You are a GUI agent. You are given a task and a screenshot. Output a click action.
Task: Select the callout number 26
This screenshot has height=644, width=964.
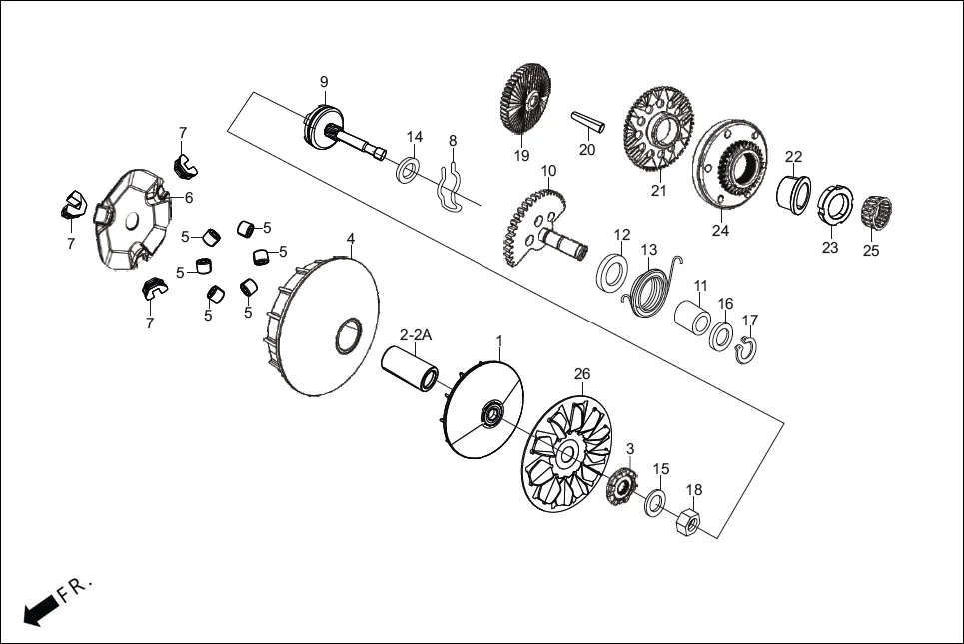582,374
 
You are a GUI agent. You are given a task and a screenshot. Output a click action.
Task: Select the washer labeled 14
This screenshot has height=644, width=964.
408,170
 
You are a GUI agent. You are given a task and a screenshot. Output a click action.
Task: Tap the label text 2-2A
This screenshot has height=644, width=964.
415,335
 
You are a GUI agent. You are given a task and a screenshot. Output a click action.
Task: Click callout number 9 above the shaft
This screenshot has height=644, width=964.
323,81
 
